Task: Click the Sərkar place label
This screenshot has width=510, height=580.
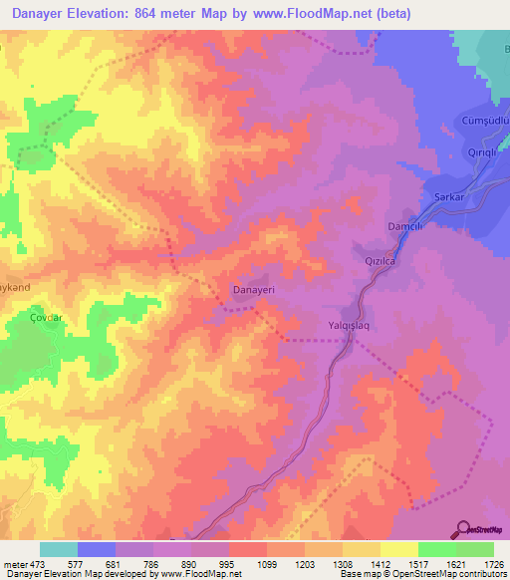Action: [450, 197]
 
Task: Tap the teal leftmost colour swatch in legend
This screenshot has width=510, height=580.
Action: [58, 549]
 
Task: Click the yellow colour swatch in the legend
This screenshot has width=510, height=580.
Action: [398, 549]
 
